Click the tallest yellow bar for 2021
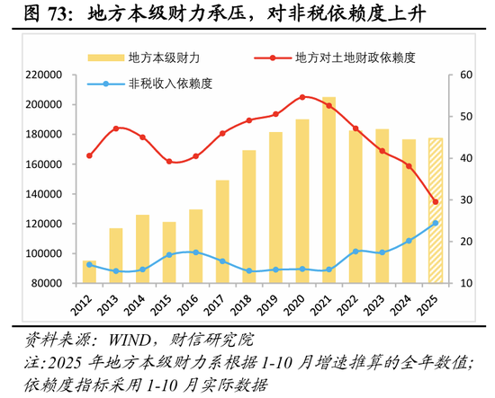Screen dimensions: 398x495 click(328, 190)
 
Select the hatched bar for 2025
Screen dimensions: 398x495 click(435, 210)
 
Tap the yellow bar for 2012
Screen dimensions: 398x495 click(89, 272)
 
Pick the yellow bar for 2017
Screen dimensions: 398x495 click(222, 231)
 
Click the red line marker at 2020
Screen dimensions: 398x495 click(302, 96)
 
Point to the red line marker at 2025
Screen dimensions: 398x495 click(435, 201)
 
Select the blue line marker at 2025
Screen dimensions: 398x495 click(435, 223)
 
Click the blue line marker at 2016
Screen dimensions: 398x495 click(196, 252)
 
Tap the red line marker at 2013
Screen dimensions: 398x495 click(116, 128)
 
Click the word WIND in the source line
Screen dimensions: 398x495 click(138, 341)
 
